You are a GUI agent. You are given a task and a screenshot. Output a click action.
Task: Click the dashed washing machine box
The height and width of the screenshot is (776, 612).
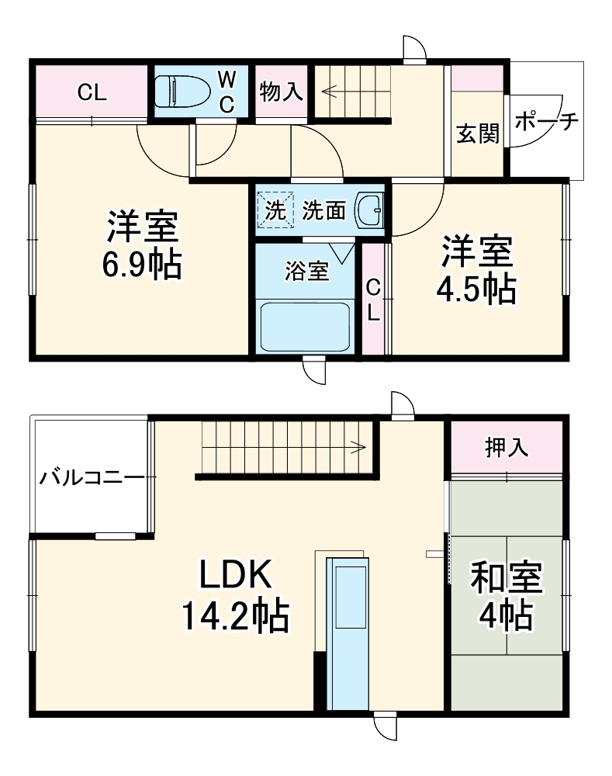point(276,210)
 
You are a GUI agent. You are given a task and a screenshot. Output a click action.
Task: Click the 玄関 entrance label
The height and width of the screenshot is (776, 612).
point(476,134)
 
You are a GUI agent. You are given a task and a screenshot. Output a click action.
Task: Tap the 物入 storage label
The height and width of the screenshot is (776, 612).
point(280,92)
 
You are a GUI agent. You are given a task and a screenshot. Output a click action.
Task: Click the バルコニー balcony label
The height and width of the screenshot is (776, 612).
point(92,476)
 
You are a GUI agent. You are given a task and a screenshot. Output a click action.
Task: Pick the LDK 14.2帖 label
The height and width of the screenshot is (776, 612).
point(235,596)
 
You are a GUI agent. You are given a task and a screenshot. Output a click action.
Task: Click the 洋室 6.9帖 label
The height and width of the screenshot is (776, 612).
point(143,245)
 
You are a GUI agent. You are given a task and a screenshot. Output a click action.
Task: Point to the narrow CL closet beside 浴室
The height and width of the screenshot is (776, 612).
point(374,300)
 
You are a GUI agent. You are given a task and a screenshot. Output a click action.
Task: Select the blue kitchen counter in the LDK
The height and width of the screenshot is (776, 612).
point(347,632)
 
